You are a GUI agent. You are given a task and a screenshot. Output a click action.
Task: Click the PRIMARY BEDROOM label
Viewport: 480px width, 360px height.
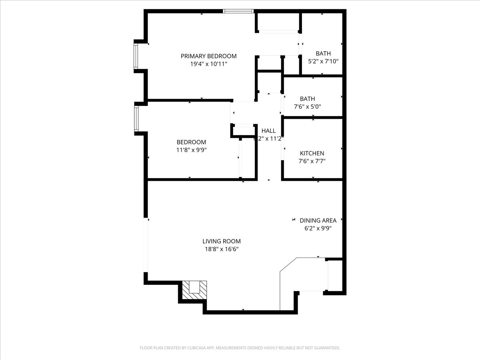(208, 56)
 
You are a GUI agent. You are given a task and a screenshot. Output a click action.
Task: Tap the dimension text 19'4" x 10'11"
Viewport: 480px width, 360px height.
(208, 64)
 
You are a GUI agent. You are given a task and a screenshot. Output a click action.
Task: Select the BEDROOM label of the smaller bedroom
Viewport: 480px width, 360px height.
(191, 142)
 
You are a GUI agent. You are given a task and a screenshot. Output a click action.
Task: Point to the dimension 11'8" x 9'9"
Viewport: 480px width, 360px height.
(191, 150)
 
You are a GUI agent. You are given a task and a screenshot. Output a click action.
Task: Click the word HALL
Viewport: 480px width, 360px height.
(268, 131)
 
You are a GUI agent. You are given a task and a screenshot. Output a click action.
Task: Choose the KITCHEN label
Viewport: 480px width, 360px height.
(312, 153)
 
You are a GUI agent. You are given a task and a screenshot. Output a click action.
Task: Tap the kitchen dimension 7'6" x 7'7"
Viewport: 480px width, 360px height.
(312, 161)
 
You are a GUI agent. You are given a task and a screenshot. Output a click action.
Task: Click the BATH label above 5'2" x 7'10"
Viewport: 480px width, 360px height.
(323, 54)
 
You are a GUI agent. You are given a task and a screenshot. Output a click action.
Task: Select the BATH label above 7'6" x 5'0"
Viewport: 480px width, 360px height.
(308, 99)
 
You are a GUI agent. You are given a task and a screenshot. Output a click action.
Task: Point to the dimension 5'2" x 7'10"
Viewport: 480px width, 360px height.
(323, 62)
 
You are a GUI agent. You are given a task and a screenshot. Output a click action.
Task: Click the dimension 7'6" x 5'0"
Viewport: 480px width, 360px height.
(308, 107)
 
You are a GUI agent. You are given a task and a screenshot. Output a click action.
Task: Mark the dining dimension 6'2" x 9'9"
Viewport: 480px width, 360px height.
(318, 228)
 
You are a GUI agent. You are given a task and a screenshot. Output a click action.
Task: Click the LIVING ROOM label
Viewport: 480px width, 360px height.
(222, 241)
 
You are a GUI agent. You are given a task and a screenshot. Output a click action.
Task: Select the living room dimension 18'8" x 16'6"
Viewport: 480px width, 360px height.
(222, 249)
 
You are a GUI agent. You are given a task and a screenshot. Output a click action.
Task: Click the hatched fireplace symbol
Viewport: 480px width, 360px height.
(195, 289)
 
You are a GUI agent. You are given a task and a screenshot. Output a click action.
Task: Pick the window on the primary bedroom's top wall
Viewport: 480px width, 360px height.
(238, 11)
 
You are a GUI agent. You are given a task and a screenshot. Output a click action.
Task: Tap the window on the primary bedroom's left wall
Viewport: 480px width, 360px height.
(136, 56)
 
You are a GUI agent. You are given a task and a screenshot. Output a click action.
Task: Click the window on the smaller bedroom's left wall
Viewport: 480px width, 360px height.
(136, 119)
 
